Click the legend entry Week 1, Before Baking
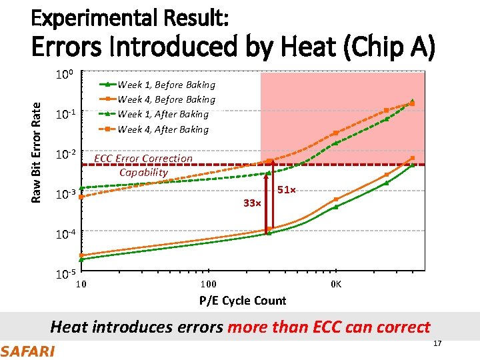coord(166,85)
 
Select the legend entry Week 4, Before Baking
coord(166,99)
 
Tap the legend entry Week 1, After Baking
coord(163,114)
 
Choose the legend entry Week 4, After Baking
coord(163,129)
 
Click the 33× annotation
coord(251,203)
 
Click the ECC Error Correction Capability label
coord(143,165)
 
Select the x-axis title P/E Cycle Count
coord(243,301)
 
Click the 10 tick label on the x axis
coord(81,285)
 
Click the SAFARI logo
coord(28,350)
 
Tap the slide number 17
coord(437,343)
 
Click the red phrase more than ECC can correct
coord(329,327)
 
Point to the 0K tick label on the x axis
coord(336,285)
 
